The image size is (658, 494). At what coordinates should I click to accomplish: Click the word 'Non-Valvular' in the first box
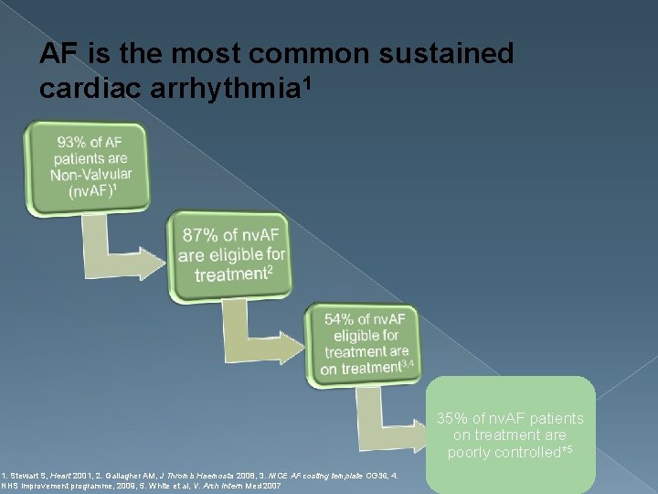click(90, 175)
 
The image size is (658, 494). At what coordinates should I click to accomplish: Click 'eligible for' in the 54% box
click(366, 335)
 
